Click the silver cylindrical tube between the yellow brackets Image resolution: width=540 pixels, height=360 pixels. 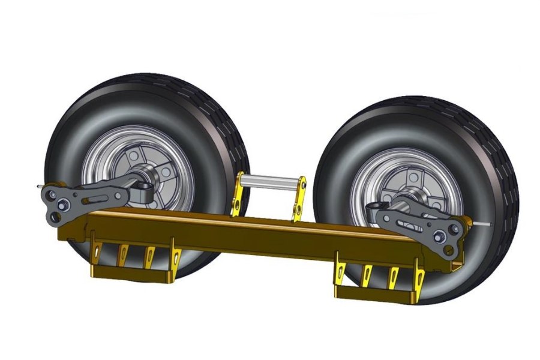270,179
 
